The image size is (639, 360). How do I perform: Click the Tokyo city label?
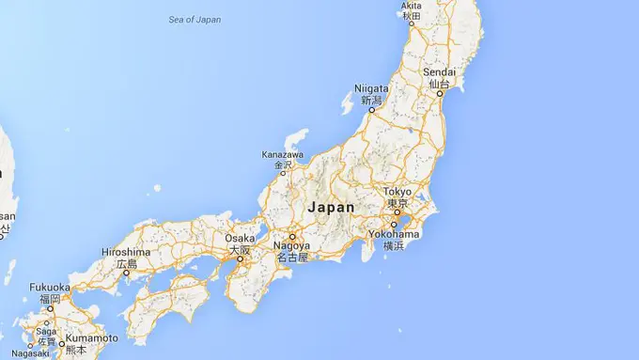[x=397, y=192]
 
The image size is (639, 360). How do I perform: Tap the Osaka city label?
[x=241, y=239]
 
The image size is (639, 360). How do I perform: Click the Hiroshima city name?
[x=126, y=253]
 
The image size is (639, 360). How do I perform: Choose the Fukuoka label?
[x=49, y=288]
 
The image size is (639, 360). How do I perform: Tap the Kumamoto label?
[x=91, y=338]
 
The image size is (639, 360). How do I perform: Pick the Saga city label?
[x=44, y=332]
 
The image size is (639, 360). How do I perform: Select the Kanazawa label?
[x=283, y=155]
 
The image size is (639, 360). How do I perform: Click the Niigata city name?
[x=372, y=88]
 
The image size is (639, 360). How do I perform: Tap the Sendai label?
[x=439, y=72]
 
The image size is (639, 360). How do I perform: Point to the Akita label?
[x=412, y=6]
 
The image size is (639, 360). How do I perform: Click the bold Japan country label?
[x=331, y=207]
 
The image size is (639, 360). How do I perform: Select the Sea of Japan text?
[x=195, y=19]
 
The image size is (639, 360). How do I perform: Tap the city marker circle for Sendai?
[x=439, y=94]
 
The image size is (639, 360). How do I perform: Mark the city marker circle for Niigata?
[x=371, y=109]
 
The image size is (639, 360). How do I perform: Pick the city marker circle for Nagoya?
[x=291, y=236]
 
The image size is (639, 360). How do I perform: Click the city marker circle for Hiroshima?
[x=126, y=274]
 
